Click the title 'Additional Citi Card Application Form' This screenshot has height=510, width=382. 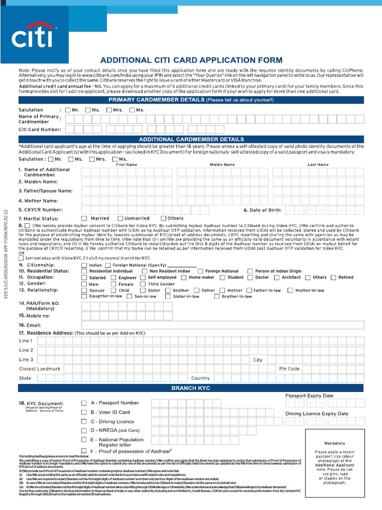pos(191,60)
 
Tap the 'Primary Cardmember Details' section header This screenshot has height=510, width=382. pos(191,100)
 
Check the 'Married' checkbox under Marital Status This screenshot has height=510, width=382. pos(84,218)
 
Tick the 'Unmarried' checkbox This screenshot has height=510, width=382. pos(120,218)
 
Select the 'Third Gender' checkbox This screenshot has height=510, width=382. pos(143,284)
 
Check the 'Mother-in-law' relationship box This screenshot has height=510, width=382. pos(290,290)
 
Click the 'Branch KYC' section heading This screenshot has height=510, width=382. pos(191,387)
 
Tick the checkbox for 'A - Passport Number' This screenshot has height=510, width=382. pos(84,403)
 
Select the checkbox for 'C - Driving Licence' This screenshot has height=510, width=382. pos(84,421)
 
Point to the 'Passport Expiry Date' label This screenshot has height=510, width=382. pos(309,395)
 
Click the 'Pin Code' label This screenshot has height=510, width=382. pos(289,369)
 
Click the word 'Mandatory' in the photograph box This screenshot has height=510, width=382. pos(334,443)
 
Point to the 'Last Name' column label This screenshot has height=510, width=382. pos(318,164)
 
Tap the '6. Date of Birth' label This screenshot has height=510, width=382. pos(263,210)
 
